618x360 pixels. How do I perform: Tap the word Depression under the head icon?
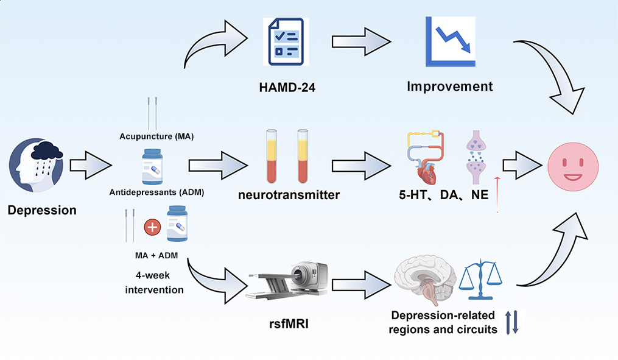(x=42, y=211)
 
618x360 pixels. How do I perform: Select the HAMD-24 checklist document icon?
(x=283, y=41)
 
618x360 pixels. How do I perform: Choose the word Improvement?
(x=450, y=86)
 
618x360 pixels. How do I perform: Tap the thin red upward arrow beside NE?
(x=497, y=194)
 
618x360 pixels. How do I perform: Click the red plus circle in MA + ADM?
(x=152, y=227)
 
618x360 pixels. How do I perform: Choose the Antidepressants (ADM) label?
(x=156, y=192)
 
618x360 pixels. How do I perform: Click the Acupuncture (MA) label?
(x=156, y=136)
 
